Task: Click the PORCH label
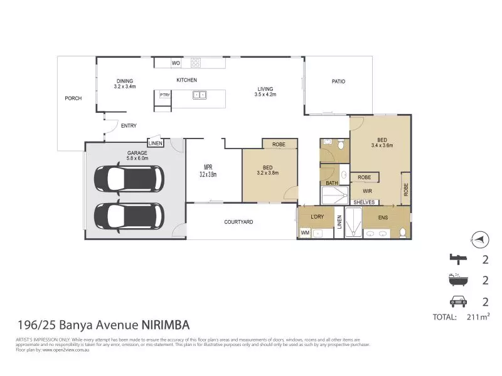[x=73, y=98]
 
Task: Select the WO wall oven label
[x=176, y=63]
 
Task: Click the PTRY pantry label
[x=165, y=95]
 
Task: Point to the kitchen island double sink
[x=200, y=95]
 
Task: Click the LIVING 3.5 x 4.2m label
[x=265, y=91]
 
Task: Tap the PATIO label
[x=338, y=81]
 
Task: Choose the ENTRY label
[x=129, y=126]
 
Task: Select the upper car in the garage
[x=129, y=179]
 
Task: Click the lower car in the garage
[x=129, y=215]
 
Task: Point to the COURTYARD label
[x=238, y=222]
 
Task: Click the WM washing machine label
[x=306, y=233]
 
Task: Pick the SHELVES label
[x=364, y=202]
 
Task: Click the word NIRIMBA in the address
[x=162, y=325]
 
